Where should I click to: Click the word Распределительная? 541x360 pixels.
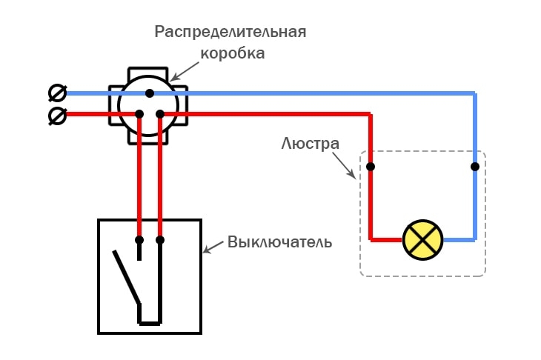[230, 33]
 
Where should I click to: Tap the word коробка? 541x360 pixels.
[233, 53]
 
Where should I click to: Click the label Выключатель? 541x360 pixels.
[280, 242]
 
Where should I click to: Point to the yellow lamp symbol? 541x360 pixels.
[422, 240]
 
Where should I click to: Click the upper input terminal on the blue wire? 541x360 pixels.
[56, 93]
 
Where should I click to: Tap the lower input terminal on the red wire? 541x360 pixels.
[56, 116]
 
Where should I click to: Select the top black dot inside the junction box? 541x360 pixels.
[150, 93]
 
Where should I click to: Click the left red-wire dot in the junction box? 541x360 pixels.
[139, 113]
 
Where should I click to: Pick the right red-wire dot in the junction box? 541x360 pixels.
[160, 113]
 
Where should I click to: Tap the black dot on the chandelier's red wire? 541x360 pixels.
[371, 167]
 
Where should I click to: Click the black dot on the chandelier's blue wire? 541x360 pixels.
[474, 167]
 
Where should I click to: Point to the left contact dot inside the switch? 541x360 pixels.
[139, 240]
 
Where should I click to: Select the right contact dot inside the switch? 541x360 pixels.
[160, 240]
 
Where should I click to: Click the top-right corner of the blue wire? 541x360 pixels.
[474, 93]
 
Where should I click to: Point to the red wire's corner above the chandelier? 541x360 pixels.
[371, 114]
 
